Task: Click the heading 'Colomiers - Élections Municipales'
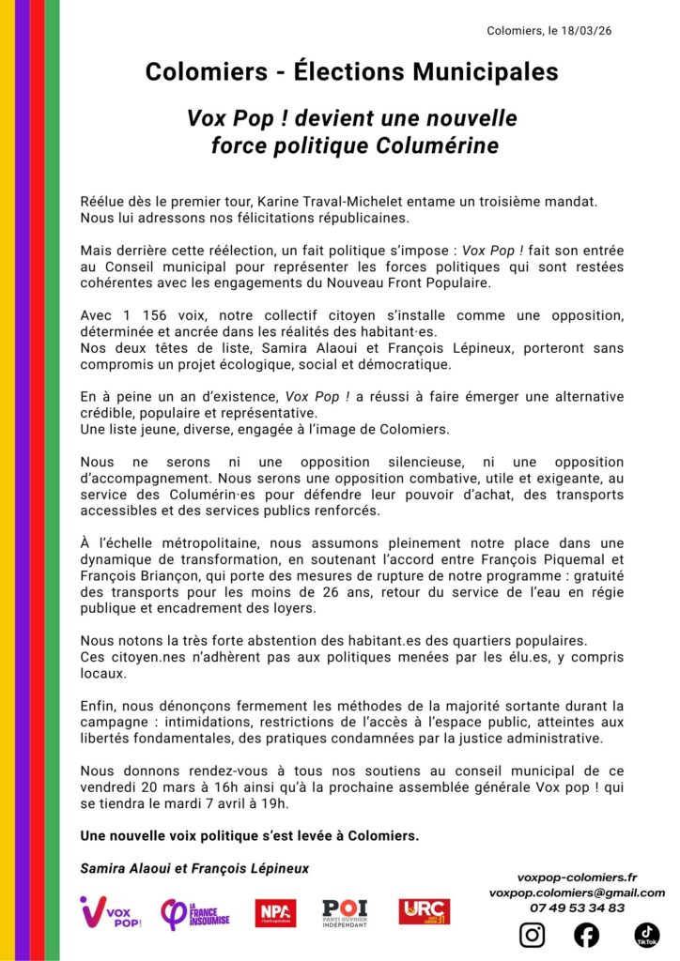pos(351,71)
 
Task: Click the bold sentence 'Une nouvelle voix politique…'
pos(250,835)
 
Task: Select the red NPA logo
pos(275,912)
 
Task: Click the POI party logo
pos(345,912)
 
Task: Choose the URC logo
pos(424,911)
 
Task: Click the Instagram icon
pos(532,935)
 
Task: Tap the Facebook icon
pos(587,935)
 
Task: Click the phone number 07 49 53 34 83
pos(577,908)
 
